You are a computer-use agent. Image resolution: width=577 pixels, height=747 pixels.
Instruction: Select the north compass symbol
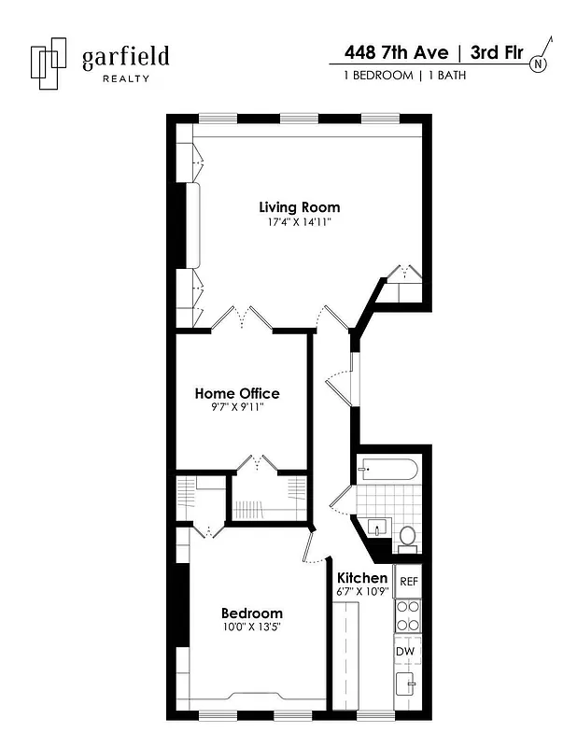pyautogui.click(x=540, y=63)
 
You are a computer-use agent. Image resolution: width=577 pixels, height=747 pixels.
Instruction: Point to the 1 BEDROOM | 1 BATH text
pyautogui.click(x=404, y=76)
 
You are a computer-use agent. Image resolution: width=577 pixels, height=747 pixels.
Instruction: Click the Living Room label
pyautogui.click(x=299, y=206)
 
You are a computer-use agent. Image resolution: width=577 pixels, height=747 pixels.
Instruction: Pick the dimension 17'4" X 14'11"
pyautogui.click(x=299, y=222)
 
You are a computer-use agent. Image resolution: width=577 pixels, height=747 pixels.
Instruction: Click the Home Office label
pyautogui.click(x=236, y=393)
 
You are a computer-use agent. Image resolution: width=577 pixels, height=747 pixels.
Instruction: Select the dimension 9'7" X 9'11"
pyautogui.click(x=236, y=407)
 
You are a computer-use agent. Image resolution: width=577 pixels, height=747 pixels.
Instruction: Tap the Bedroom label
pyautogui.click(x=251, y=613)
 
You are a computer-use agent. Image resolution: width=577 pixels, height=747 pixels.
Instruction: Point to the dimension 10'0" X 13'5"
pyautogui.click(x=251, y=627)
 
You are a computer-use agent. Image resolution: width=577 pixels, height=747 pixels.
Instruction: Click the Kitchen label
pyautogui.click(x=362, y=578)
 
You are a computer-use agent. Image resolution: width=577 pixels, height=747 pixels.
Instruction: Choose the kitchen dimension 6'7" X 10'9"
pyautogui.click(x=362, y=592)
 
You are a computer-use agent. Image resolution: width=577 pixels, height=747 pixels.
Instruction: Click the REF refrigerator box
pyautogui.click(x=408, y=582)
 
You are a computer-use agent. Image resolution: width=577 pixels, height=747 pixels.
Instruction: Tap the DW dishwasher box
pyautogui.click(x=406, y=651)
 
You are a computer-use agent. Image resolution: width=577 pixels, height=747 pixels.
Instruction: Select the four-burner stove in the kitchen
pyautogui.click(x=408, y=616)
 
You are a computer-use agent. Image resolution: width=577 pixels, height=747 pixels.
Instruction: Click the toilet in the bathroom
pyautogui.click(x=407, y=537)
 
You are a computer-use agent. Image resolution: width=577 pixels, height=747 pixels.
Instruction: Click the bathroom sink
pyautogui.click(x=378, y=527)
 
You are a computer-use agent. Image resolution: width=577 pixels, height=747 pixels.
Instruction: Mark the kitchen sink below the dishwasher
pyautogui.click(x=408, y=686)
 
